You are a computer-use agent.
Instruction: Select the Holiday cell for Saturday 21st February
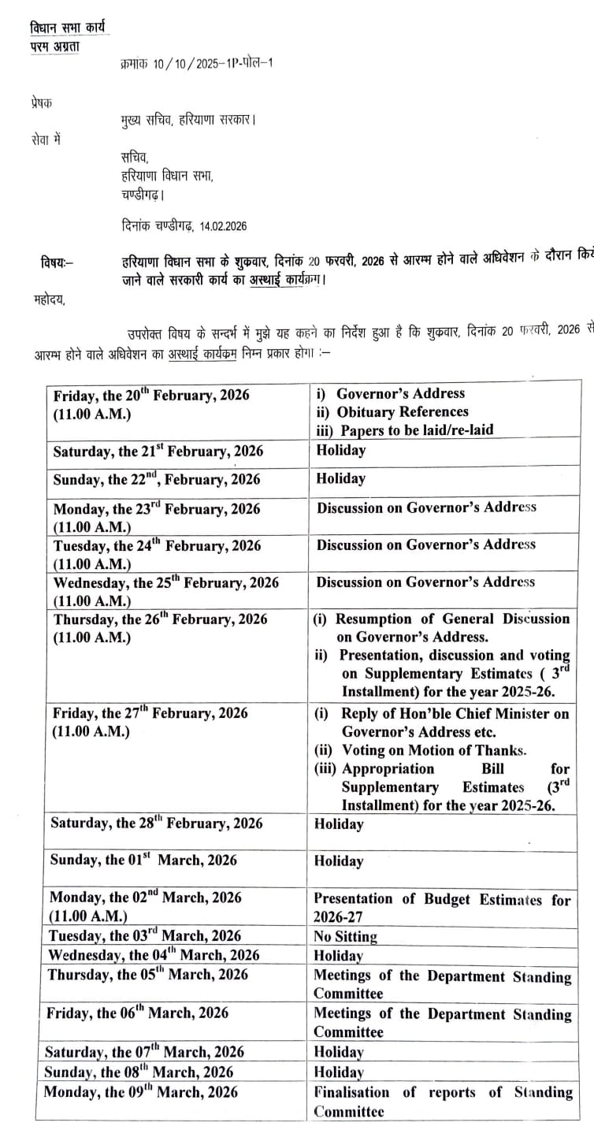(341, 450)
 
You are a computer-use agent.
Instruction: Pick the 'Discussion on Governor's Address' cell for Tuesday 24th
(425, 545)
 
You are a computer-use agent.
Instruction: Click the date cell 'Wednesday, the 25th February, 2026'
(165, 583)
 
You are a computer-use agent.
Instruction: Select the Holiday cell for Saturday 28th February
(339, 824)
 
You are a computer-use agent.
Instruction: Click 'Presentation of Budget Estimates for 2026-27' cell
(441, 907)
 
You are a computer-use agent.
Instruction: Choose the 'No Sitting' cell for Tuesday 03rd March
(345, 937)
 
